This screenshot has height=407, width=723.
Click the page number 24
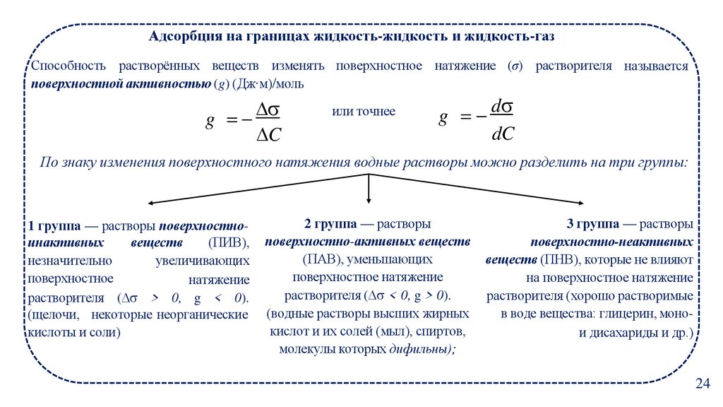(x=702, y=384)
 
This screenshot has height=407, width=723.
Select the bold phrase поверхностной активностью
(x=121, y=84)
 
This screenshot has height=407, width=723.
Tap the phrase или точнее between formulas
(x=364, y=112)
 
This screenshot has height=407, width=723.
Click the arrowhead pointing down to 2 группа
(x=369, y=202)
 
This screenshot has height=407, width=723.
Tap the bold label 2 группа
(x=330, y=224)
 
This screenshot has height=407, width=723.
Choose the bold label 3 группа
(x=593, y=224)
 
